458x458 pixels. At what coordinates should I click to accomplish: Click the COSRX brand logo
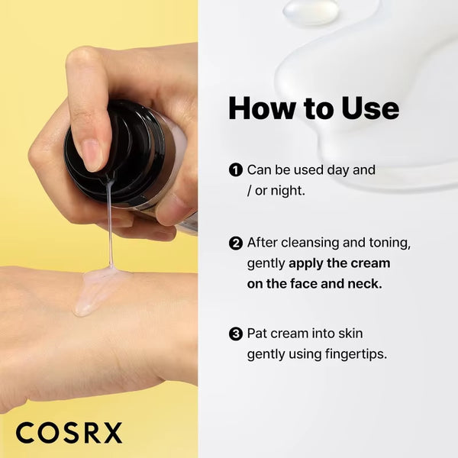[69, 433]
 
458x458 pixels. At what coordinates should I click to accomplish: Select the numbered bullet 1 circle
[236, 170]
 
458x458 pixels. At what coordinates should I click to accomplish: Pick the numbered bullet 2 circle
[236, 244]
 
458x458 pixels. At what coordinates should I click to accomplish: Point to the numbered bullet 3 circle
[236, 334]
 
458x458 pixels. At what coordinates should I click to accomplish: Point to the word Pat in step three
[258, 334]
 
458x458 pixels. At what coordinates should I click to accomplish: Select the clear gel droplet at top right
[311, 11]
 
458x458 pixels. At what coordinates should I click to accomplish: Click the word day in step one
[337, 170]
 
